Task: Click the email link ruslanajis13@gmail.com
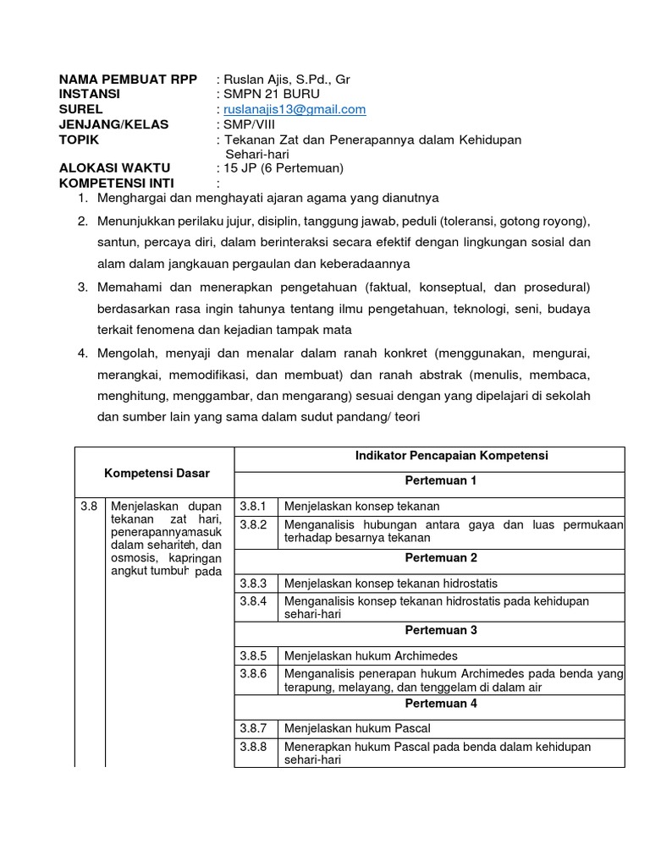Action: point(294,109)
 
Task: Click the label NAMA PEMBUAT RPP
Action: point(128,79)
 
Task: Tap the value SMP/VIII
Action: point(253,124)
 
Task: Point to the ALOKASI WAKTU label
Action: point(114,167)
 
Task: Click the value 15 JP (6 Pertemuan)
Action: point(283,167)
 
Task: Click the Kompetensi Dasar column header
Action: point(157,473)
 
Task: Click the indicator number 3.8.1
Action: point(253,507)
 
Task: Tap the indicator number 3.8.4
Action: point(253,601)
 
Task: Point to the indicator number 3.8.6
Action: point(253,674)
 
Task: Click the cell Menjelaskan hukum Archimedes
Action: point(371,655)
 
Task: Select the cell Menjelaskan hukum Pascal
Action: point(357,728)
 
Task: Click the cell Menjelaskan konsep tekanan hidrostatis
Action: point(391,584)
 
